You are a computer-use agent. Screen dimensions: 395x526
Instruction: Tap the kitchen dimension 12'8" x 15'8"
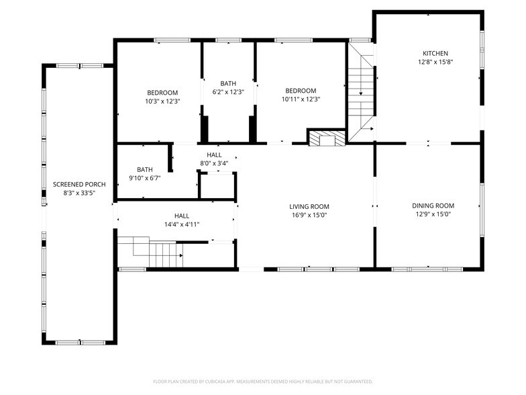[435, 62]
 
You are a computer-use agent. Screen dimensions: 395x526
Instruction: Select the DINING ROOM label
[433, 206]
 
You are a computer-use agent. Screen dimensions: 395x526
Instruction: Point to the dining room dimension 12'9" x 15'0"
[433, 215]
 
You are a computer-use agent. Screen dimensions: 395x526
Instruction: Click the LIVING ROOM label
[309, 206]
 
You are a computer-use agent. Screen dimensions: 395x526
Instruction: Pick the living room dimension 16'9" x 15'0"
[309, 216]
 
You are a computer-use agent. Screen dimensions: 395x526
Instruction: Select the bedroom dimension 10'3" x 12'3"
[162, 101]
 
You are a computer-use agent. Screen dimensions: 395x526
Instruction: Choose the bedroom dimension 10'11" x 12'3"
[300, 99]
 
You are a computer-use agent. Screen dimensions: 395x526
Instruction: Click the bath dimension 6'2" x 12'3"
[228, 92]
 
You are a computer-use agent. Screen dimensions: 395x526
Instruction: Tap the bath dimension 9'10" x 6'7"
[145, 179]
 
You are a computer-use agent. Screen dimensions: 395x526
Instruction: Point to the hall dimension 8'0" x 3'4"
[214, 163]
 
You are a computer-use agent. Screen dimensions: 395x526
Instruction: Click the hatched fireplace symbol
[327, 138]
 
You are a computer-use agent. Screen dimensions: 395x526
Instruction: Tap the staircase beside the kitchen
[360, 94]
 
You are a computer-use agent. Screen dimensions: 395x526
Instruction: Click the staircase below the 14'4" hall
[154, 252]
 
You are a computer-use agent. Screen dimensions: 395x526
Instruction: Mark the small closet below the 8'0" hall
[217, 185]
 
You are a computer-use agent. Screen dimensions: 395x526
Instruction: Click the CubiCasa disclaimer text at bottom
[262, 381]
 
